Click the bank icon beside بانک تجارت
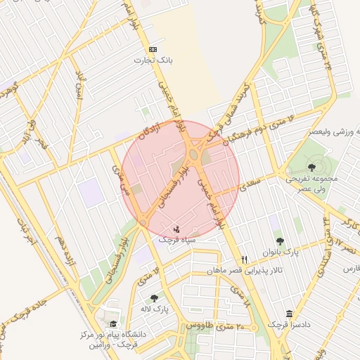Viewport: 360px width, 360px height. [154, 49]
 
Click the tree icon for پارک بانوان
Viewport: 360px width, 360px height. [281, 241]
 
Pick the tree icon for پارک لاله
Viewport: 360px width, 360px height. [154, 298]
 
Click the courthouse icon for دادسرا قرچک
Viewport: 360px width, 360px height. [289, 314]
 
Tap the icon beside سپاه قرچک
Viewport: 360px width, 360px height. [176, 229]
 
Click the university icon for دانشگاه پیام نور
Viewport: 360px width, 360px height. [114, 323]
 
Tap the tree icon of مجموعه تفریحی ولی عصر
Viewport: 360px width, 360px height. [311, 167]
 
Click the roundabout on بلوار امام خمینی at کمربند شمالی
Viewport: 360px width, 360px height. [195, 153]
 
